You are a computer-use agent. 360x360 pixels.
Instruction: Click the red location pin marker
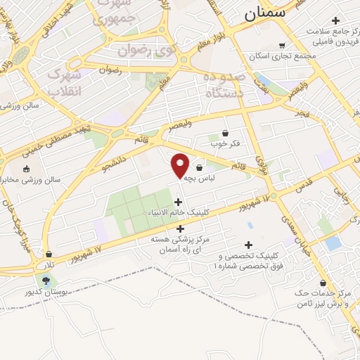181,165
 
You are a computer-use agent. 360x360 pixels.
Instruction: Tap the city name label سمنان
266,13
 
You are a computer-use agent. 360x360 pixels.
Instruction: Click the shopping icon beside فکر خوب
225,133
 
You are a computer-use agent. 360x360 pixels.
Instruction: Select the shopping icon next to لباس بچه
200,168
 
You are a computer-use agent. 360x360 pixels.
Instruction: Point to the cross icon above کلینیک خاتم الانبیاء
177,202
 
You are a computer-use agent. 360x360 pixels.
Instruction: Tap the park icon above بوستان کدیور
46,281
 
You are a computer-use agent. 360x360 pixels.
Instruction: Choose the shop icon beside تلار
49,254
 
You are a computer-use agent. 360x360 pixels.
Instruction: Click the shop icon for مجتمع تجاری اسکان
282,46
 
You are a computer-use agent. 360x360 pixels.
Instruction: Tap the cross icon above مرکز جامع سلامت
335,20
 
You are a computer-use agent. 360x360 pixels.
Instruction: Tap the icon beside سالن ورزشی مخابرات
27,169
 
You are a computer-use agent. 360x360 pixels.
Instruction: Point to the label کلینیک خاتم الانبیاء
176,213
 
